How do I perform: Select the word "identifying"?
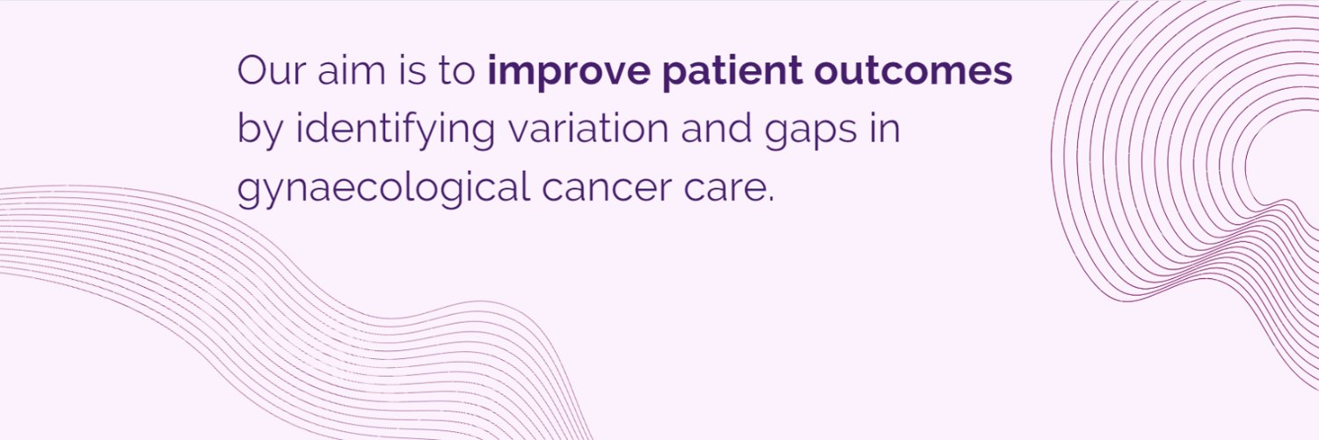(x=396, y=131)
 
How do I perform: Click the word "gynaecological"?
(x=383, y=190)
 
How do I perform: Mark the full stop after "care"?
(x=771, y=200)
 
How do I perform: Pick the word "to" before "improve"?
(x=456, y=71)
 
